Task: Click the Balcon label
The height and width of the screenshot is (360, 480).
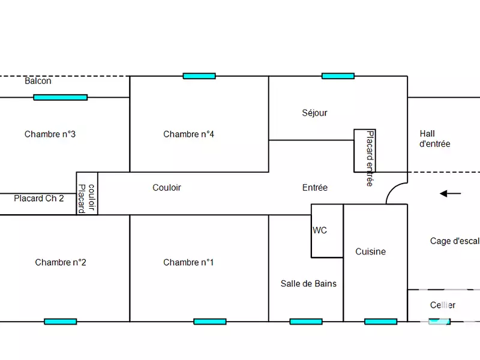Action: (38, 81)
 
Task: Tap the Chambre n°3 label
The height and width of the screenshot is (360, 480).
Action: (50, 134)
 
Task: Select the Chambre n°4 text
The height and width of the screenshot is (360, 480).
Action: (188, 134)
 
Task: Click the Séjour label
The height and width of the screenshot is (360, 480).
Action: (314, 113)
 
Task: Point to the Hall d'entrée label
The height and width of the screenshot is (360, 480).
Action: (434, 139)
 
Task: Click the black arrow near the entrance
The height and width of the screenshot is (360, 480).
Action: (451, 193)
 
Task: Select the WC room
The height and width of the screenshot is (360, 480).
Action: (326, 230)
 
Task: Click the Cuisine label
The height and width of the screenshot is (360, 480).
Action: (370, 251)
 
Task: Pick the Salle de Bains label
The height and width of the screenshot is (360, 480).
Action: (308, 283)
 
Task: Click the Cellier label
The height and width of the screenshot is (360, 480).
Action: (443, 305)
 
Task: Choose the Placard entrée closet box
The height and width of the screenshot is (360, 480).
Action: (365, 151)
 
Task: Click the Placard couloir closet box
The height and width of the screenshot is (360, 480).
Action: (86, 193)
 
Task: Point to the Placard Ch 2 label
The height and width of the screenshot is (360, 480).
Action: (38, 198)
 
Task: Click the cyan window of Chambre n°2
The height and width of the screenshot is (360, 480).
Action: (60, 322)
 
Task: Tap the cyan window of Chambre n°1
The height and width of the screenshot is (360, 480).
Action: (209, 322)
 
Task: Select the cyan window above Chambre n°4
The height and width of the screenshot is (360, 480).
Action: (199, 76)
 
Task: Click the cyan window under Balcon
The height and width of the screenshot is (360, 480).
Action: (60, 97)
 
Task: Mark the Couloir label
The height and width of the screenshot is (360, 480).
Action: (166, 187)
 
